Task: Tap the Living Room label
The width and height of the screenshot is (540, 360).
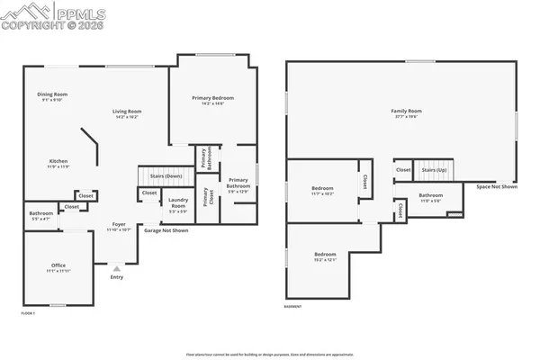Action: coord(127,112)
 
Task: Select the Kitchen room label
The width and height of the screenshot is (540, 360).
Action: coord(58,162)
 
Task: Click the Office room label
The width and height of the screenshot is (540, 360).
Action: coord(58,265)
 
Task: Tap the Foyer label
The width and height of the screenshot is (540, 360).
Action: coord(119,224)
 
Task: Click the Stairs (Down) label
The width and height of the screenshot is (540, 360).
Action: coord(158,176)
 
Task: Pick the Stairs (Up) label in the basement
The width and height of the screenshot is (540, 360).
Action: coord(436,169)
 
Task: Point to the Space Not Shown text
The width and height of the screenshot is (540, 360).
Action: coord(497,186)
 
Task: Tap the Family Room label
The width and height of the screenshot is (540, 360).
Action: coord(406,111)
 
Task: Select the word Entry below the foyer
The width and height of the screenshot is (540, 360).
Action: coord(116,277)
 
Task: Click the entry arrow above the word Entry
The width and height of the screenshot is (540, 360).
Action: coord(116,268)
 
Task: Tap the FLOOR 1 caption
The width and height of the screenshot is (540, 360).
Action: coord(29,312)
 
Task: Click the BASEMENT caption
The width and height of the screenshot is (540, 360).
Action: coord(292,307)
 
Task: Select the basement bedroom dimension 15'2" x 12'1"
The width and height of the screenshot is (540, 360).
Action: coord(325,259)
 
